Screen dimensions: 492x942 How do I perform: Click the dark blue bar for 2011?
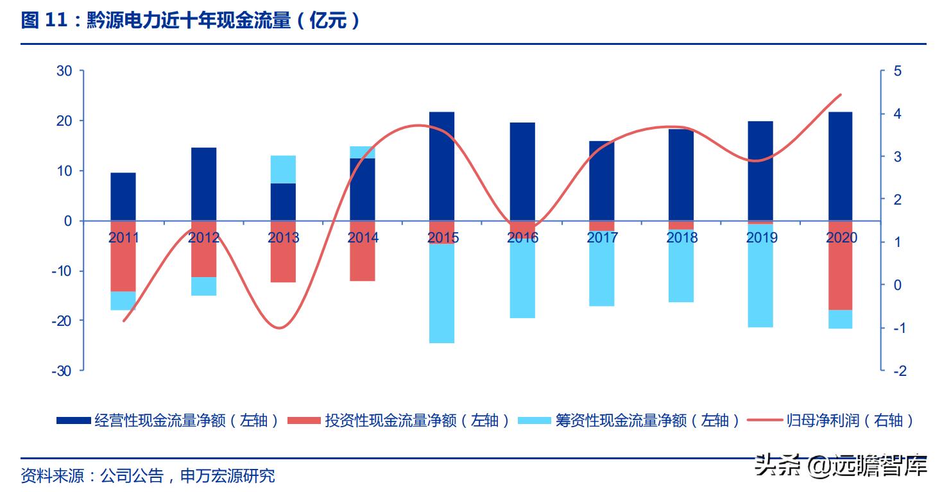123,196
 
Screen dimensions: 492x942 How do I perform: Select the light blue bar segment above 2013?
283,169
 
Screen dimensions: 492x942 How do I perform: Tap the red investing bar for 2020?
841,265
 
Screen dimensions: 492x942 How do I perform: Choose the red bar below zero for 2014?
363,251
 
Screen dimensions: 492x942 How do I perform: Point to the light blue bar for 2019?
760,276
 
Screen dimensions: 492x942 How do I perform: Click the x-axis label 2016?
522,238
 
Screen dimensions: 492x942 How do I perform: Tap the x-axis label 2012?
203,238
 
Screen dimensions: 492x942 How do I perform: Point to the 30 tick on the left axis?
64,71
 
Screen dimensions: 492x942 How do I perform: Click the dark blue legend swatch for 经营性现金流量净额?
73,421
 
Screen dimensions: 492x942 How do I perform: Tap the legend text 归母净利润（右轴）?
850,421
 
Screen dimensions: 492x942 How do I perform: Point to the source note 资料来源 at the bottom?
148,476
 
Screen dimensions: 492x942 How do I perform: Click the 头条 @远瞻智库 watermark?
841,465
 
